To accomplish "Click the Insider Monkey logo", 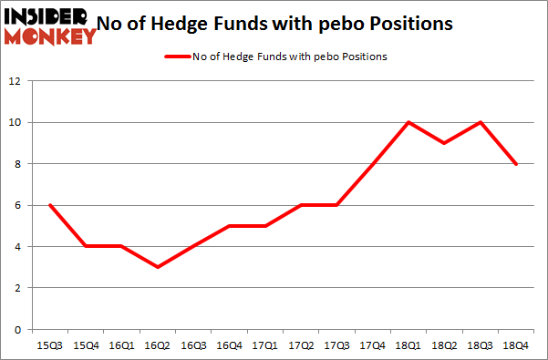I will tap(50, 26).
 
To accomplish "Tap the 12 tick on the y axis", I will tap(16, 81).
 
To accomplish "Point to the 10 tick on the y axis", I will tap(16, 122).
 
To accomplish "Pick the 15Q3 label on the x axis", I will tap(50, 345).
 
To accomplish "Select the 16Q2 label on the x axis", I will tap(157, 345).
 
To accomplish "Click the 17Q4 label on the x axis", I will tap(372, 345).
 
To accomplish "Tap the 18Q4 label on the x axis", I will tap(515, 345).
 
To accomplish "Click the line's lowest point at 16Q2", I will tap(157, 267).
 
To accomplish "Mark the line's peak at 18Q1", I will tap(408, 122).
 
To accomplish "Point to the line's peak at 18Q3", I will tap(480, 122).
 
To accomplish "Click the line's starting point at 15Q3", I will tap(50, 205).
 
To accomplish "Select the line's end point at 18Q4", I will tap(515, 164).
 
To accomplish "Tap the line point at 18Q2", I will tap(444, 143).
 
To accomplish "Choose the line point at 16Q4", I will tap(229, 226).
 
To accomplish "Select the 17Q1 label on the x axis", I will tap(264, 345).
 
